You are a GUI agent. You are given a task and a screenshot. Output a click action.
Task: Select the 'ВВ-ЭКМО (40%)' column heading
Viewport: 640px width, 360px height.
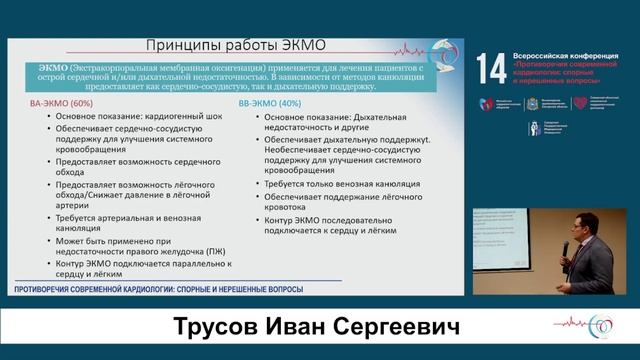tap(275, 103)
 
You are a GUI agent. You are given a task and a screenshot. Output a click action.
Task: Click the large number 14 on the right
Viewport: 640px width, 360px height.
tap(491, 67)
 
